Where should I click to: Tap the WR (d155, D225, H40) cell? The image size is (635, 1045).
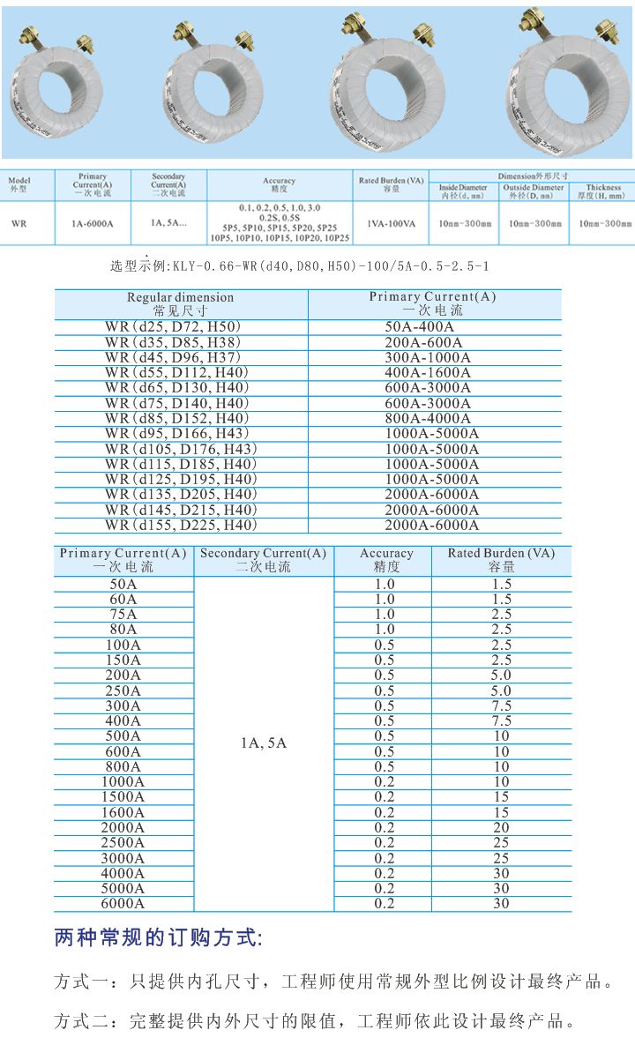tap(181, 525)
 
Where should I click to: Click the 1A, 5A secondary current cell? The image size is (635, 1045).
tap(263, 743)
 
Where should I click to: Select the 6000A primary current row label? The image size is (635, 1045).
tap(123, 903)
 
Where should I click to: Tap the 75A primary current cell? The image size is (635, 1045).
tap(123, 614)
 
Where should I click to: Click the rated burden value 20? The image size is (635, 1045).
tap(501, 827)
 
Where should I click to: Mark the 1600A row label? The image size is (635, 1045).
tap(123, 812)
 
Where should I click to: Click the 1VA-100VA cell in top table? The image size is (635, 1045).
tap(392, 224)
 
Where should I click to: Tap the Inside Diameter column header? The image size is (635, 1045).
tap(462, 191)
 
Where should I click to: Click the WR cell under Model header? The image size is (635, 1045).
tap(19, 224)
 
